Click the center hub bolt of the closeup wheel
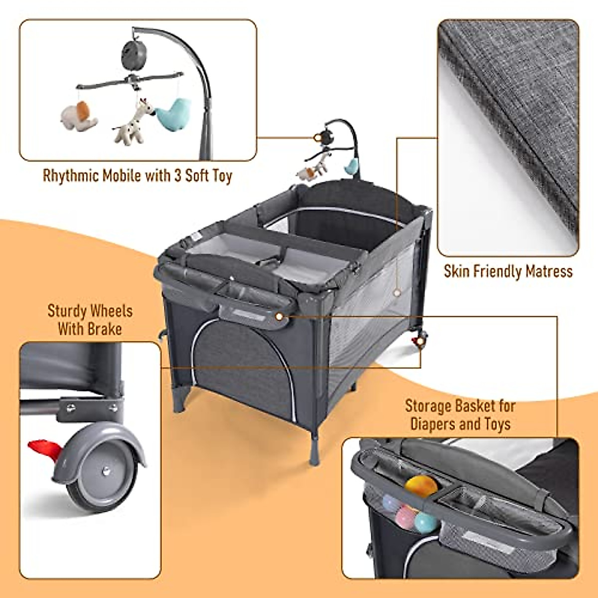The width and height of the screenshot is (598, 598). click(x=106, y=469)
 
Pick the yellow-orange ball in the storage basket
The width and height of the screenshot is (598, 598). click(x=417, y=486)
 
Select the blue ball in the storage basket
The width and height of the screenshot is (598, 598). click(x=425, y=522)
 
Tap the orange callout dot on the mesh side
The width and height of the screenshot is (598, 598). click(x=397, y=292)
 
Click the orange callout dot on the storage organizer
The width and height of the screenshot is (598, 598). click(x=279, y=316)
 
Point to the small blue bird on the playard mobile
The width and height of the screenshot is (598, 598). click(x=353, y=166)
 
